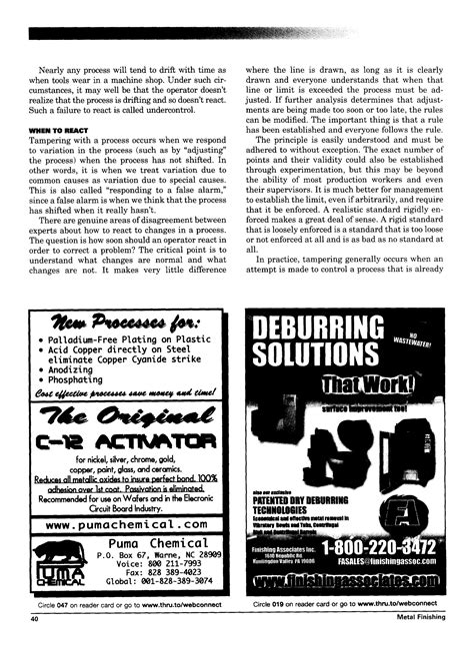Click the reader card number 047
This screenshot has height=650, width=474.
[72, 605]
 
